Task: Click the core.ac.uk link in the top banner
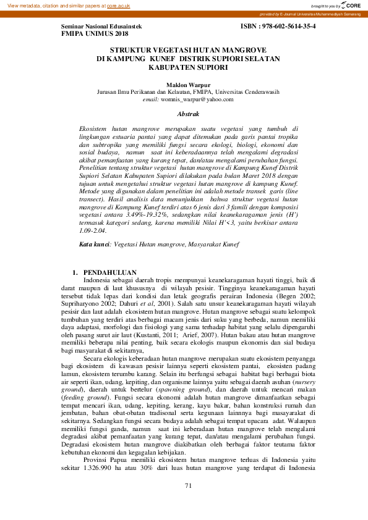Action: tap(119, 6)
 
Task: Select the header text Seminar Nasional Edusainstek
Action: tap(101, 27)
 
